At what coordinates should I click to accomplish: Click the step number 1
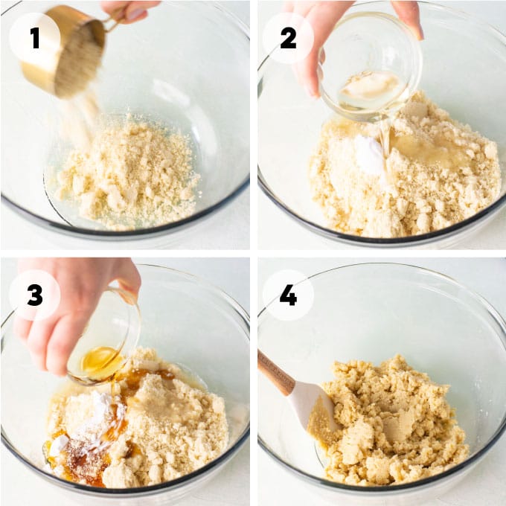(34, 38)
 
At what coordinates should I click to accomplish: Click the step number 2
(288, 38)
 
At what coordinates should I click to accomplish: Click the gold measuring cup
(65, 51)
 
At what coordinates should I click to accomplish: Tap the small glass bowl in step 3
(104, 339)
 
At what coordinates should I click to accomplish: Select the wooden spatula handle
(275, 372)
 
